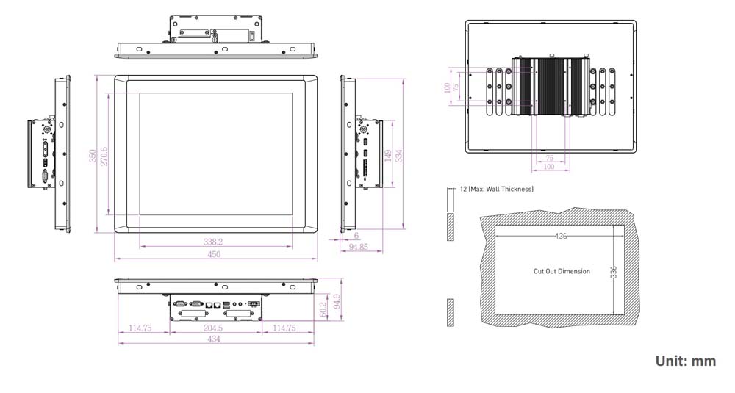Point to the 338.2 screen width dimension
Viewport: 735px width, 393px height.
pos(213,241)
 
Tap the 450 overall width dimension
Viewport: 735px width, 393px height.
pos(213,255)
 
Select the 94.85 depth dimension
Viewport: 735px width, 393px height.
pos(359,248)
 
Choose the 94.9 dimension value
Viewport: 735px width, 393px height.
pos(337,301)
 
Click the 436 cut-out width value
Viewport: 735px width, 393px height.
pos(561,236)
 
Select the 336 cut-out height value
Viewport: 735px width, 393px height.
pos(613,271)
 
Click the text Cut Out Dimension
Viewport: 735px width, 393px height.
pos(562,271)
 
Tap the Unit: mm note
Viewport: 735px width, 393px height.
pos(685,361)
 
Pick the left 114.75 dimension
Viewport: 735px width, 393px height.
pos(140,328)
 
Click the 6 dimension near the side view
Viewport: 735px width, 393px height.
pos(356,236)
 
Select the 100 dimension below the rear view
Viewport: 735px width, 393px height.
pos(549,167)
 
